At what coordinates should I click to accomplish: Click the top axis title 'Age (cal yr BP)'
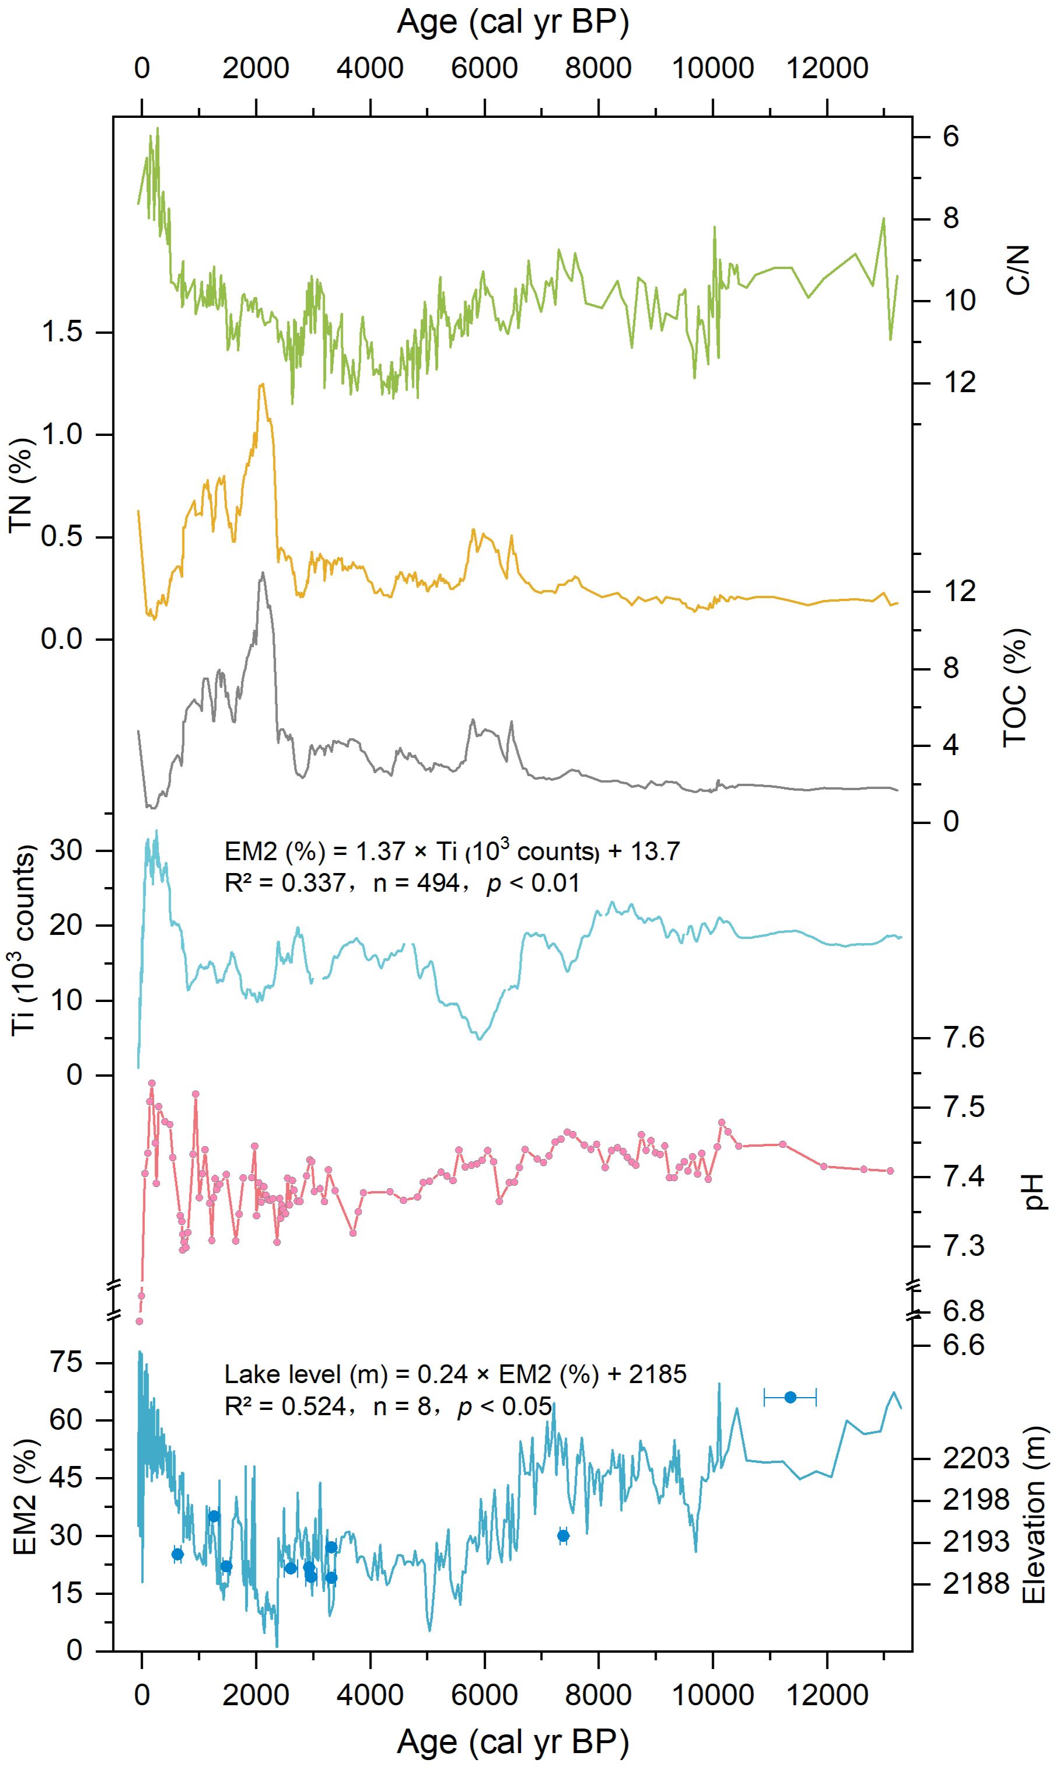513,22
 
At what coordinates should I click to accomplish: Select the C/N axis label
1019,270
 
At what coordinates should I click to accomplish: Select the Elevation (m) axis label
1034,1506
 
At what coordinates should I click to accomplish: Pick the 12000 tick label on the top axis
827,68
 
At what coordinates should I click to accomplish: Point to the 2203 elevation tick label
977,1458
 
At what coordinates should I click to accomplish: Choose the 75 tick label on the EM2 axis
67,1363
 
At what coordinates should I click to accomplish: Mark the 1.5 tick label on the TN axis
62,332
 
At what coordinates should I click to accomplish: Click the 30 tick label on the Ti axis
67,850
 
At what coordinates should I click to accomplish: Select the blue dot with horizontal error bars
790,1397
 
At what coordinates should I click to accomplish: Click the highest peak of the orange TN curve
262,385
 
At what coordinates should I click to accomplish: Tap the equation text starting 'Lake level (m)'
456,1374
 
